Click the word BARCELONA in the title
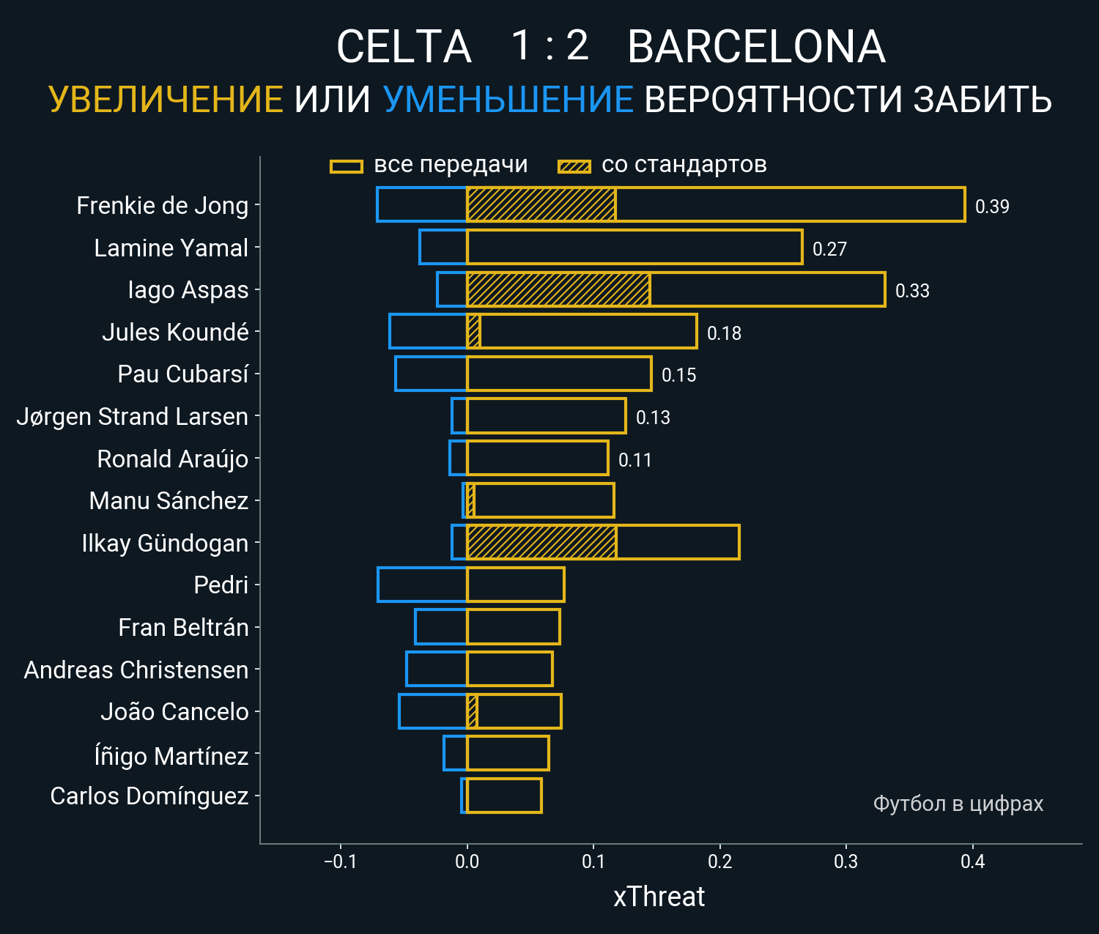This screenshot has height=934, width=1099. pos(756,47)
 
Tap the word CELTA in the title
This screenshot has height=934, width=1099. pos(403,47)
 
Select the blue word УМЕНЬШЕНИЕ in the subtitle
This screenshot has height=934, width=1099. pos(508,100)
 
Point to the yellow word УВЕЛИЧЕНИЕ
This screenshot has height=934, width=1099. pos(166,100)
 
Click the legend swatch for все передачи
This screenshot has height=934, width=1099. pos(347,166)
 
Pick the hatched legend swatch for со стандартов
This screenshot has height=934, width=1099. pos(574,166)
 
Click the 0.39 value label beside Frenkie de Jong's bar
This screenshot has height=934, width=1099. pos(992,207)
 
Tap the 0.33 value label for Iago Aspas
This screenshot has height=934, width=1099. pos(912,291)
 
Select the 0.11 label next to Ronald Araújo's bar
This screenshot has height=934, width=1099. pos(634,460)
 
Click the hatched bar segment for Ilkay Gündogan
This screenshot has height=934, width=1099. pos(541,543)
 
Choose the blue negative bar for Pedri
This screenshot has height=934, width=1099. pos(422,585)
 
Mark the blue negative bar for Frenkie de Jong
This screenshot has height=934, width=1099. pos(422,204)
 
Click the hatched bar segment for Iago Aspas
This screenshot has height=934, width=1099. pos(558,289)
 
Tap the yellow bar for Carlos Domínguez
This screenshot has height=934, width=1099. pos(504,796)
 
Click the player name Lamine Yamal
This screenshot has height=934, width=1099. pos(171,248)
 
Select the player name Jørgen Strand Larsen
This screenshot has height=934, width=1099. pos(133,417)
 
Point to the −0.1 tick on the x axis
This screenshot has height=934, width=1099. pos(340,861)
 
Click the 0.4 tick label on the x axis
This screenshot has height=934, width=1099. pos(972,861)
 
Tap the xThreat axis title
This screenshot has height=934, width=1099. pos(659,897)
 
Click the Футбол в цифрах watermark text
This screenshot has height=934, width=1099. pos(958,804)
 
